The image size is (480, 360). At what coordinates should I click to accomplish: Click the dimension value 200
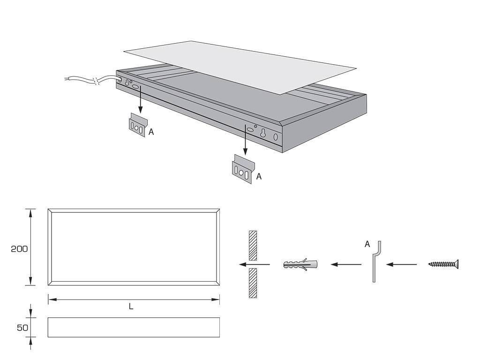19,249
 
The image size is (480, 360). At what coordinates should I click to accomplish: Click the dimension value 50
22,328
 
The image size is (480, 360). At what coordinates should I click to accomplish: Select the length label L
131,307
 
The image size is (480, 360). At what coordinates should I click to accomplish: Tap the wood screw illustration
443,264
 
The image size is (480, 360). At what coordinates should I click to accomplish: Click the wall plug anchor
300,264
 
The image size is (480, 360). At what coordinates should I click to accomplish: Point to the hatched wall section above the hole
253,246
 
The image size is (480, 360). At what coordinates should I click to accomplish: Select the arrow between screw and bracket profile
401,264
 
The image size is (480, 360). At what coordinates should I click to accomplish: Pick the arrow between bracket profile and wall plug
346,264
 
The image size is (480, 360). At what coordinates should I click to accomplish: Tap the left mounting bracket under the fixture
138,126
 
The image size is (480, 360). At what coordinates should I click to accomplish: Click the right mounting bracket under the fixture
242,170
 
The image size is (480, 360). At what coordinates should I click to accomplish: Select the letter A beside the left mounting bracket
151,132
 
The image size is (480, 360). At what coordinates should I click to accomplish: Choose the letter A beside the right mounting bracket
259,177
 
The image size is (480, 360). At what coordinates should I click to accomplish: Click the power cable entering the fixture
91,81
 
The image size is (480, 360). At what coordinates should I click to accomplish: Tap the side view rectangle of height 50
134,327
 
